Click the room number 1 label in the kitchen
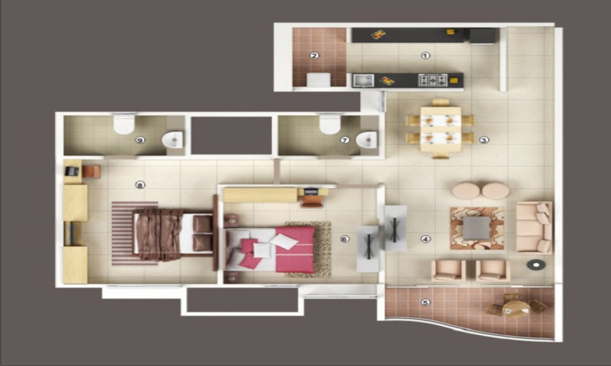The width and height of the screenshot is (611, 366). point(425,56)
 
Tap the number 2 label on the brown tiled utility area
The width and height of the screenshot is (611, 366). point(315,56)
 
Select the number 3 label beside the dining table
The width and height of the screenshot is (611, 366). point(483,140)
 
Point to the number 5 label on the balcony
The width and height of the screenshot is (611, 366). point(426,302)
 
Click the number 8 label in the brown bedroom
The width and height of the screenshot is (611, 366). point(140,185)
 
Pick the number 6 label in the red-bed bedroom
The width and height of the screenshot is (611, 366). point(345,239)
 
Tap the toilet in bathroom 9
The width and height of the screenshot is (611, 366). point(124,124)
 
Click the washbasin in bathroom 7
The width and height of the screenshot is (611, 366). point(367,140)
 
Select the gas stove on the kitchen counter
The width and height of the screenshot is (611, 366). point(433,79)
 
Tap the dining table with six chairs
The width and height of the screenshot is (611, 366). point(441,129)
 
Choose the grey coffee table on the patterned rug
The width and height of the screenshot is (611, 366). point(477,228)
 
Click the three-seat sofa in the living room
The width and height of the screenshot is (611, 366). point(534,227)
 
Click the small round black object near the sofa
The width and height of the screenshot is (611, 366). point(536,265)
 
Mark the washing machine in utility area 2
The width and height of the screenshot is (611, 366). point(318,79)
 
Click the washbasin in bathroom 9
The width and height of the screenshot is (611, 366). point(173,140)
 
